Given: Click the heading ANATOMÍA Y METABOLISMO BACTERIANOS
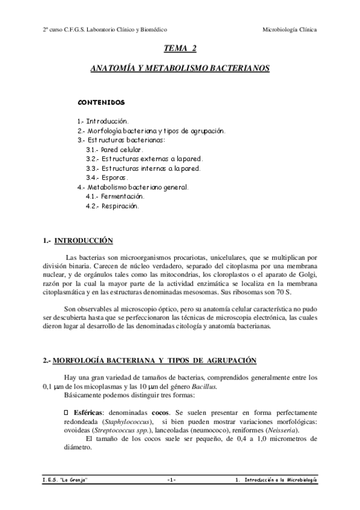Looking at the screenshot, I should pyautogui.click(x=180, y=69).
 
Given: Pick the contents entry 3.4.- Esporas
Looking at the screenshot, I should pyautogui.click(x=107, y=178).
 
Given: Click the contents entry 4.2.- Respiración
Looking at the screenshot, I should pyautogui.click(x=112, y=206).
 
